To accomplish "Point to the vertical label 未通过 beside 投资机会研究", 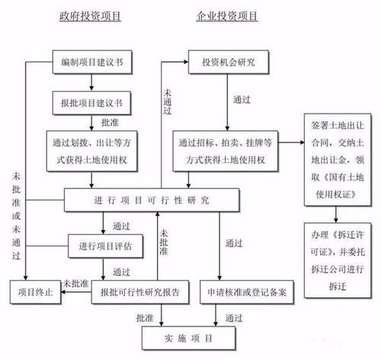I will [x=166, y=101].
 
